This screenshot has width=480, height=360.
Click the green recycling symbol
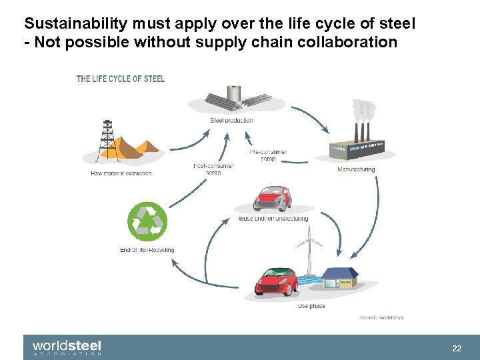[147, 221]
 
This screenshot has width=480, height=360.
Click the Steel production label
[231, 121]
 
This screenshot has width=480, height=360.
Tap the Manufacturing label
[356, 169]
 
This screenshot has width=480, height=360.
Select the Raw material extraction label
[121, 173]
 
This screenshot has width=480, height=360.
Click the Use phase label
[311, 306]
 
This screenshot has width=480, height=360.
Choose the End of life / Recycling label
[147, 250]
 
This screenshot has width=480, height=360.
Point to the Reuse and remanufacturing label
[272, 219]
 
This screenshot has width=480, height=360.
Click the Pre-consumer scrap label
[268, 155]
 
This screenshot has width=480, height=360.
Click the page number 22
[457, 348]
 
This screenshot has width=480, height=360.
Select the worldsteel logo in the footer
[67, 347]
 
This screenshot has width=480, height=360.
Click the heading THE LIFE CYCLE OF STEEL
[121, 79]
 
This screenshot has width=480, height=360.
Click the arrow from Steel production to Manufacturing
[312, 119]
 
